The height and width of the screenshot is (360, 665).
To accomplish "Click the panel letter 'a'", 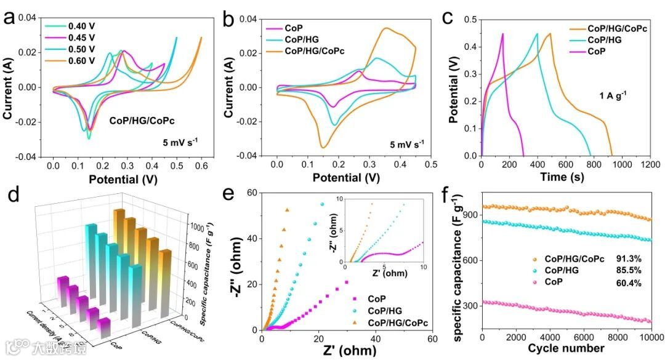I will coord(9,18).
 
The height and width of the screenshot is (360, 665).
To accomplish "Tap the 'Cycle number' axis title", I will coord(565,349).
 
